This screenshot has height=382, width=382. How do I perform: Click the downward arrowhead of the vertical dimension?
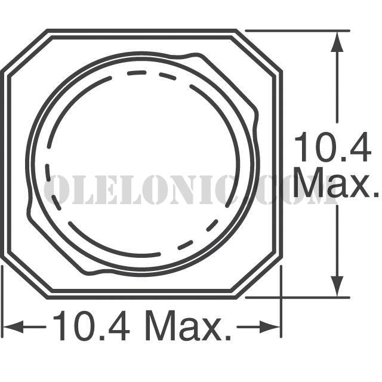(337, 286)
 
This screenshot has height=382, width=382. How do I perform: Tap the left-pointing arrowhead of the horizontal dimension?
(13, 326)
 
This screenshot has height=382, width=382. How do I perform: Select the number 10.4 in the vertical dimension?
(333, 147)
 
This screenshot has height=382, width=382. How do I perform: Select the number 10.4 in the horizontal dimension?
(91, 325)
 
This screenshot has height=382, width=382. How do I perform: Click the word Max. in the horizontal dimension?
(188, 325)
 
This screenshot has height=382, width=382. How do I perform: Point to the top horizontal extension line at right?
(297, 30)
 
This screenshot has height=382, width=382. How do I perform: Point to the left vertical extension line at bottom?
(2, 301)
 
